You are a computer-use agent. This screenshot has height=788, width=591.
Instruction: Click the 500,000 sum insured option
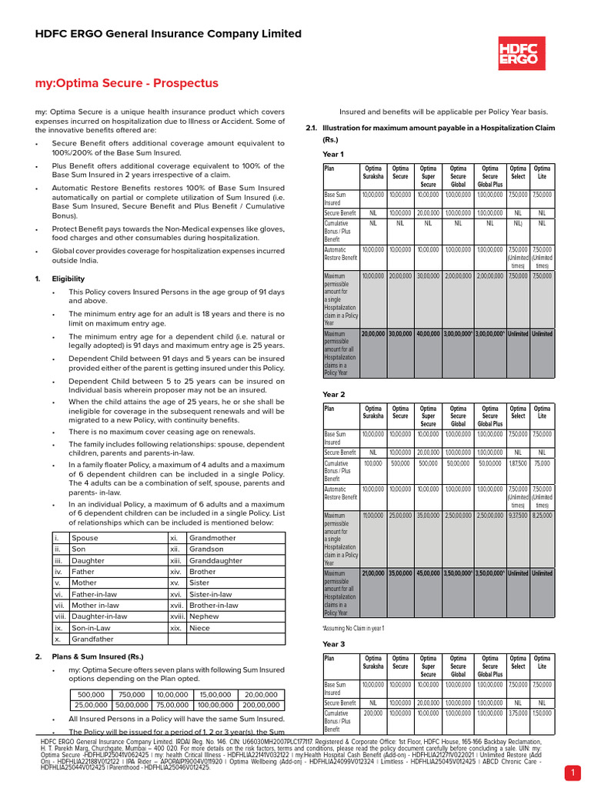coord(87,694)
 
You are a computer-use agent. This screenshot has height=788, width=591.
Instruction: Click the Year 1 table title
coord(333,155)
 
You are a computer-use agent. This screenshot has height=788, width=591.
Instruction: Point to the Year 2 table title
coord(333,394)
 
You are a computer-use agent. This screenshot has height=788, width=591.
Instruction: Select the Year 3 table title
coord(333,643)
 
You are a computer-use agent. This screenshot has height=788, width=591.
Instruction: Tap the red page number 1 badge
coord(573,772)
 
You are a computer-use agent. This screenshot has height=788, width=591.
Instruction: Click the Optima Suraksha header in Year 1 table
coord(373,173)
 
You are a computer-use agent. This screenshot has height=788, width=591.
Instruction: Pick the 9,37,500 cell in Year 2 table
coord(518,516)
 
